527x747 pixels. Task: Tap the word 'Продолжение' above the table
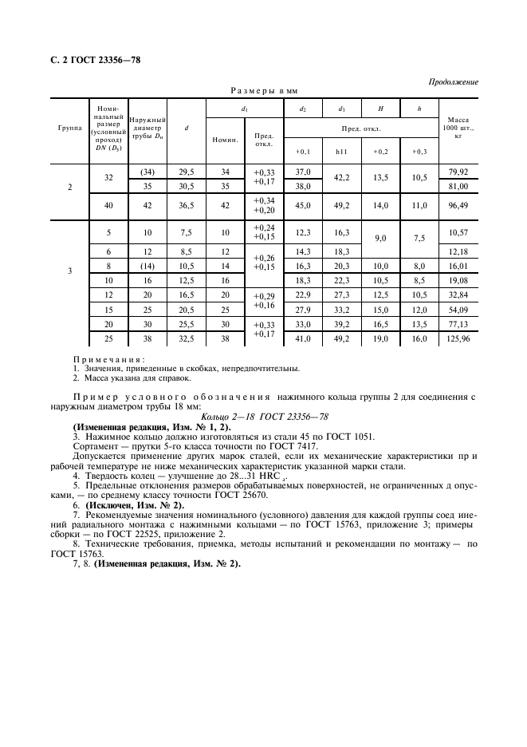point(453,81)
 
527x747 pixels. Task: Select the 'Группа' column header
point(69,128)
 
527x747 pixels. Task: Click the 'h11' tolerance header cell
point(342,151)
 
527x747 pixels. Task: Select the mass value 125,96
point(458,338)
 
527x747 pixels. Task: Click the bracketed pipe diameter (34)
point(147,172)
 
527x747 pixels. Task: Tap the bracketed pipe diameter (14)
point(147,266)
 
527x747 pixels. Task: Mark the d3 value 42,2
point(342,179)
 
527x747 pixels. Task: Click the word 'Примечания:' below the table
point(104,360)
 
